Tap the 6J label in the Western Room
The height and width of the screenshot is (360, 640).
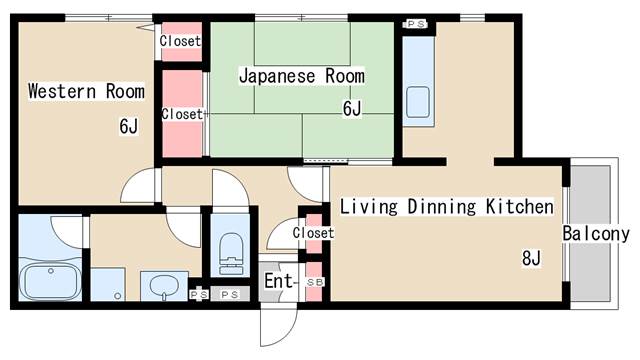tap(127, 126)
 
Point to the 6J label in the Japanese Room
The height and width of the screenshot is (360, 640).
tap(351, 109)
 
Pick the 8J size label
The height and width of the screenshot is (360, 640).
tap(530, 259)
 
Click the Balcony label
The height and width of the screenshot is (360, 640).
tap(596, 235)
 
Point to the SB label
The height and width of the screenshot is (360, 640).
tap(314, 283)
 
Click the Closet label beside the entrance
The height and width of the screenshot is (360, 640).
tap(313, 233)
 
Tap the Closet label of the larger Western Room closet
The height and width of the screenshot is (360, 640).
tap(182, 115)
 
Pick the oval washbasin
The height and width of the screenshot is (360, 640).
tap(163, 285)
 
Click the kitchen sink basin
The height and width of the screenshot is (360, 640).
tap(419, 102)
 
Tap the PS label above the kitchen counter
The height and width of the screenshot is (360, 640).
tap(415, 23)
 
